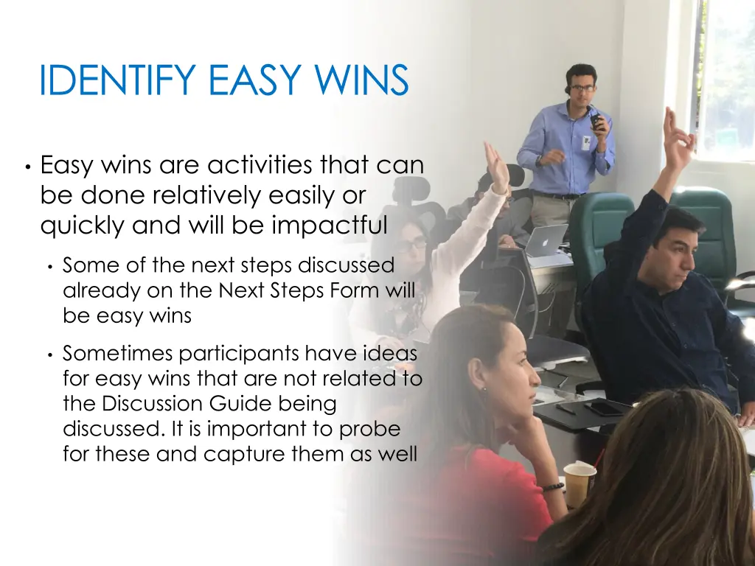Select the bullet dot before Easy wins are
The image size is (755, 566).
pyautogui.click(x=27, y=167)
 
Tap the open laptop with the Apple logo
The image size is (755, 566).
pyautogui.click(x=546, y=240)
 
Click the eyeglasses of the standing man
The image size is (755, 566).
pyautogui.click(x=582, y=88)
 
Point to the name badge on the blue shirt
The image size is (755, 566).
pyautogui.click(x=586, y=142)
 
